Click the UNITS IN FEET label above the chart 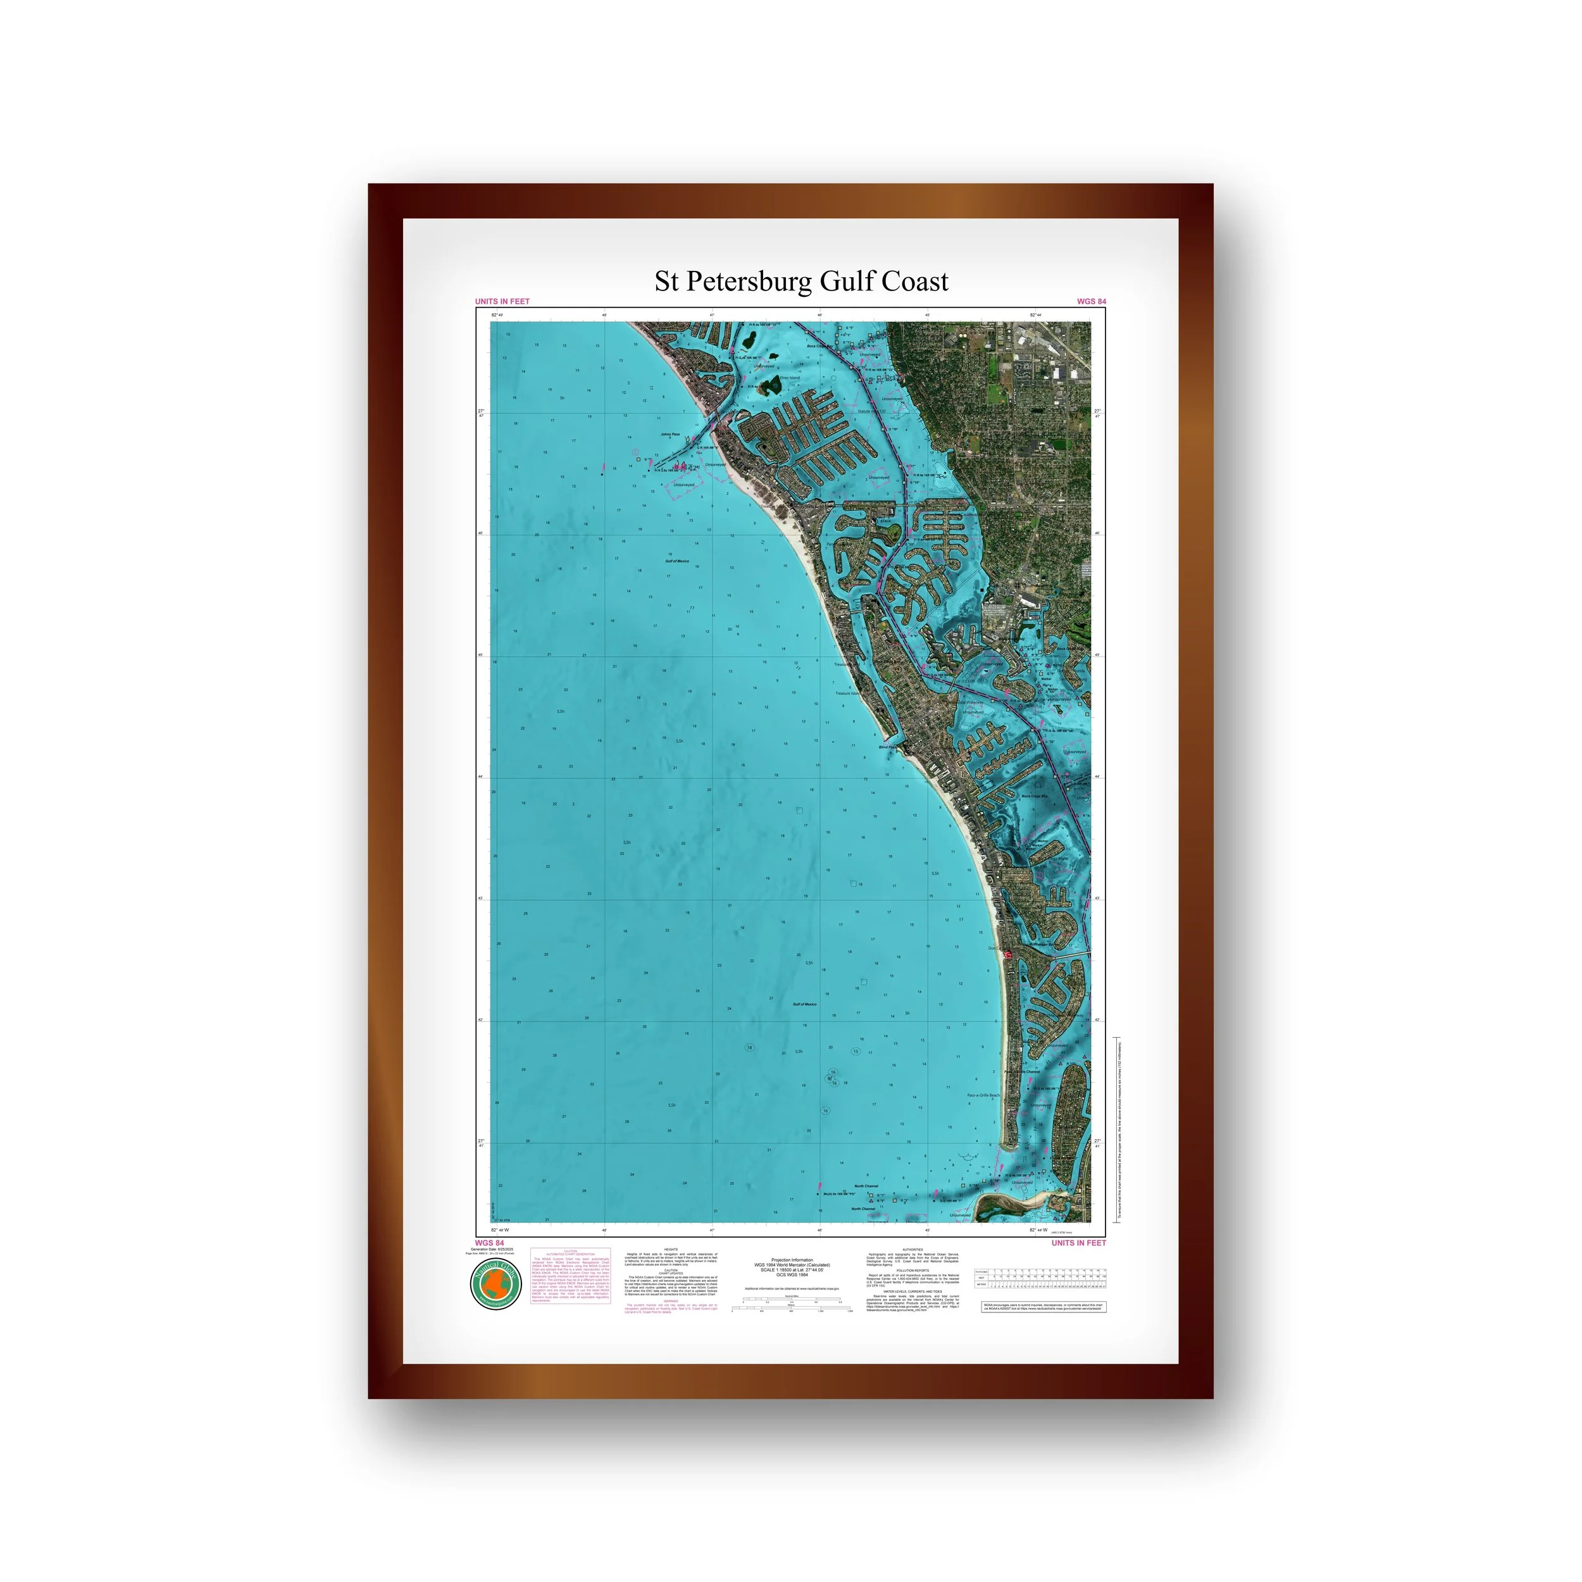(x=502, y=301)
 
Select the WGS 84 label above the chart (x=1091, y=301)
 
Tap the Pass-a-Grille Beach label (x=983, y=1095)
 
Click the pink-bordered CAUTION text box (x=570, y=1276)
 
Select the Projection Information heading (x=792, y=1260)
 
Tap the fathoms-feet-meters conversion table (x=1040, y=1278)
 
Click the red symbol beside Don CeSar (x=1009, y=955)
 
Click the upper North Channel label (x=866, y=1186)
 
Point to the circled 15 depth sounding (x=856, y=1051)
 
